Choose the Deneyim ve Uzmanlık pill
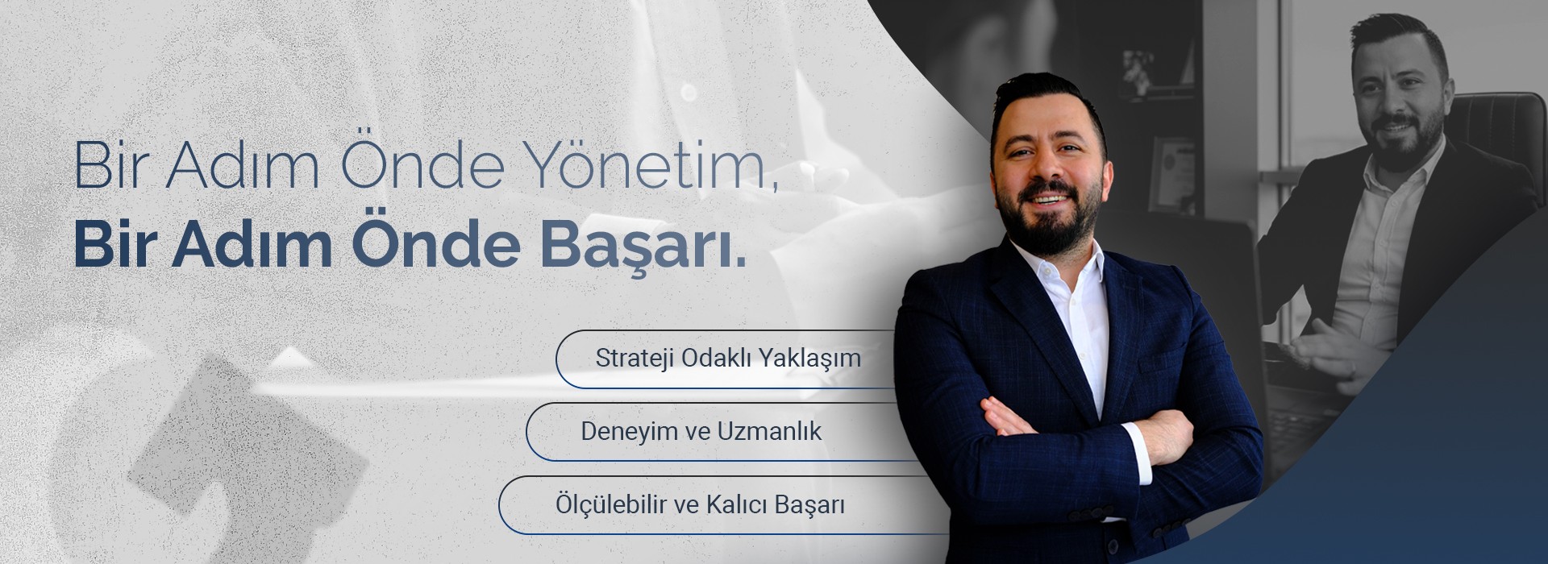click(701, 431)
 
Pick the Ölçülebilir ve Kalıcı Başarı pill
click(699, 505)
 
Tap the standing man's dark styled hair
click(1040, 97)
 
